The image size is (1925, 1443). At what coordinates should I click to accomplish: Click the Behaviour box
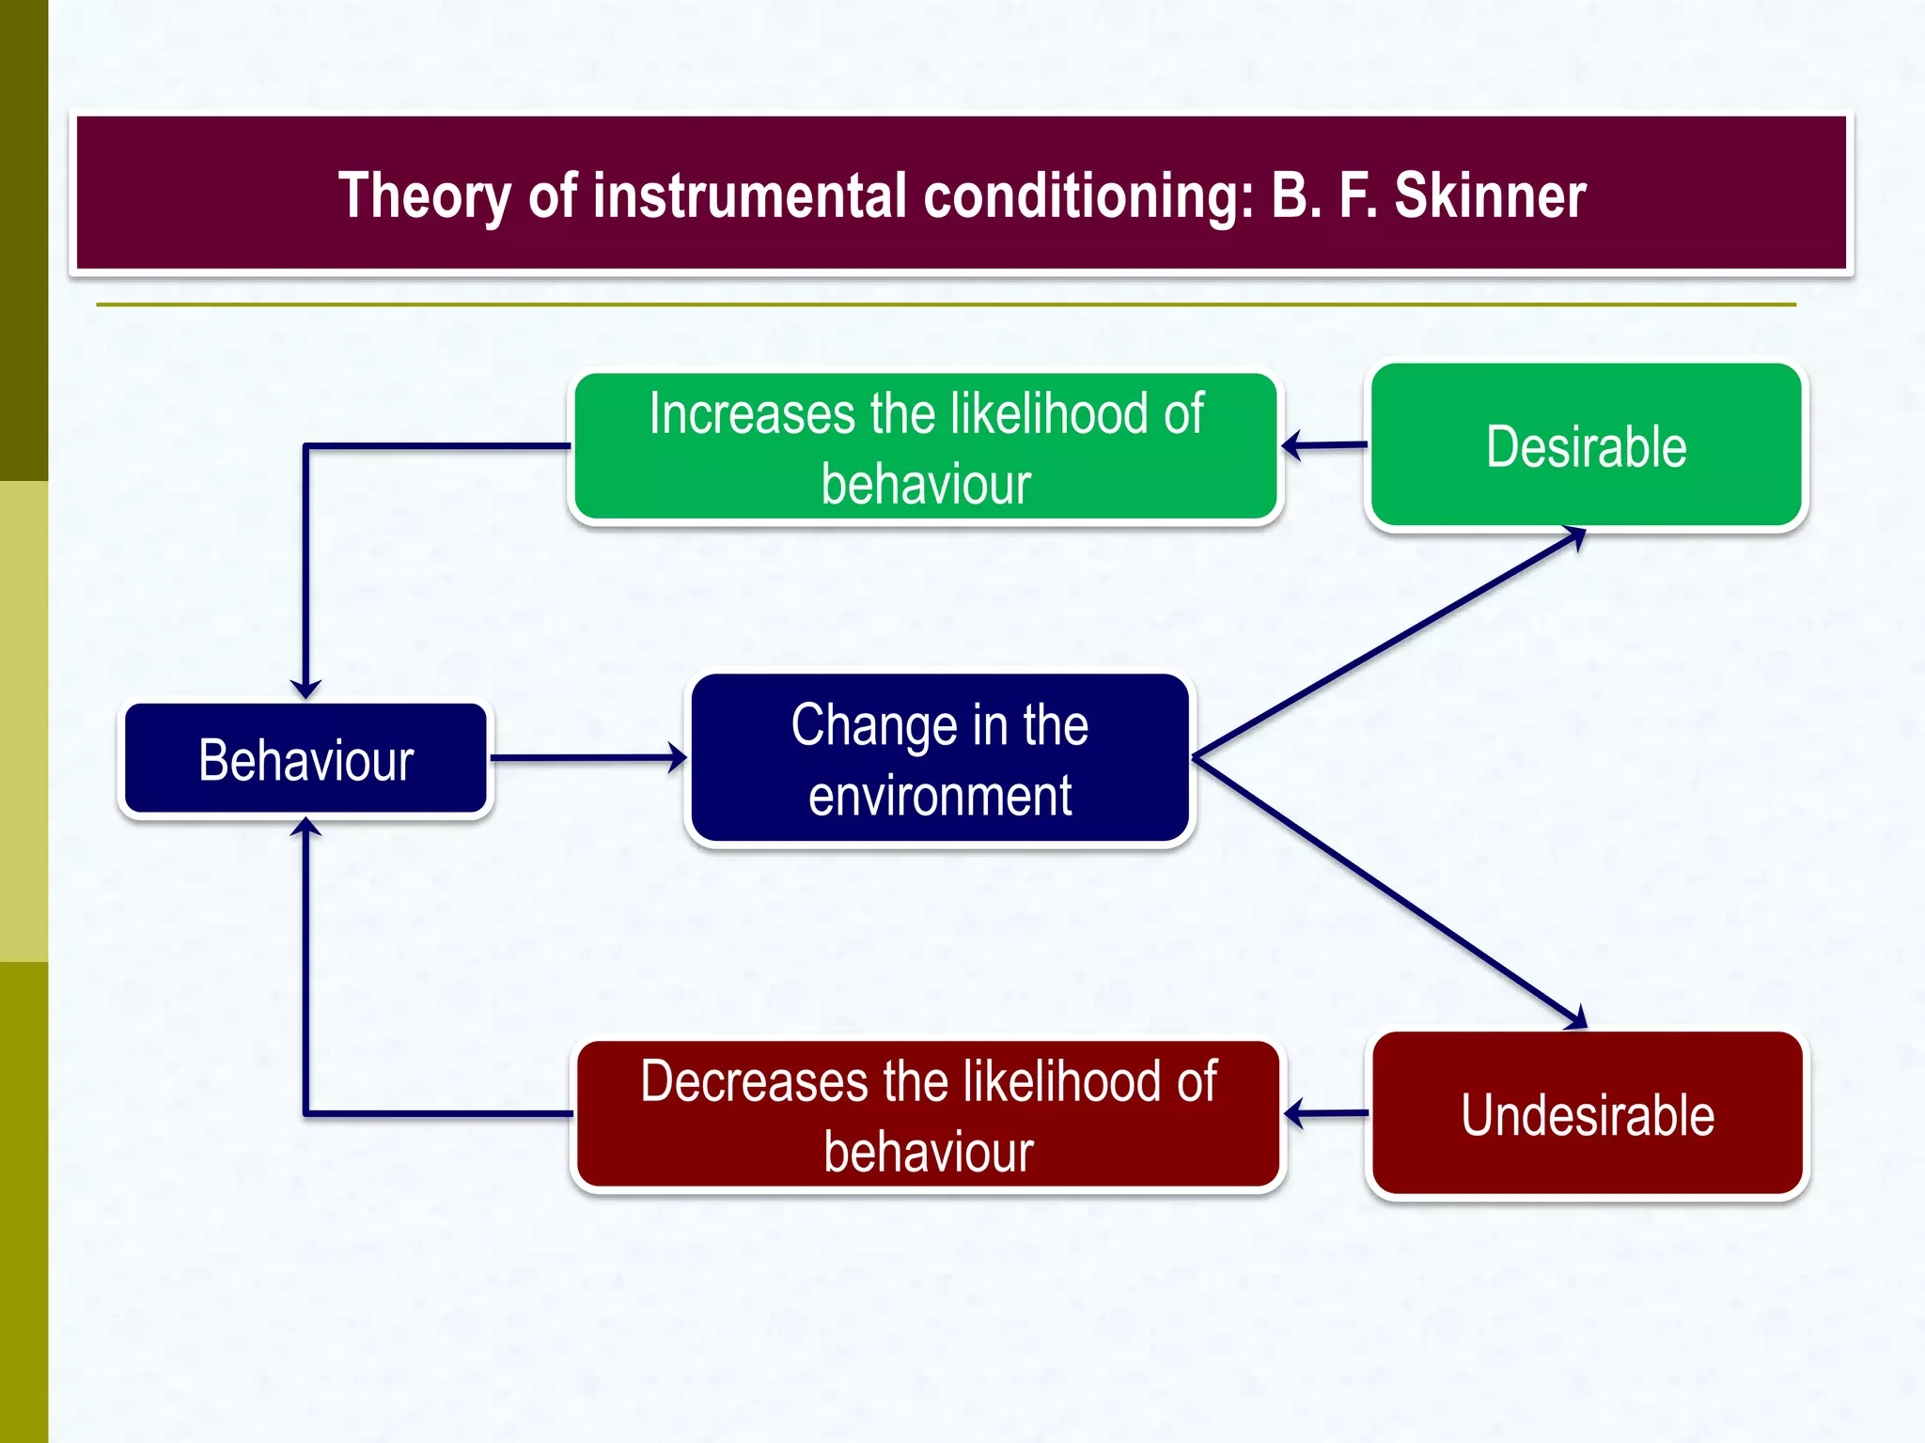coord(305,759)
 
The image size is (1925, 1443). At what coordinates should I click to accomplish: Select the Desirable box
coord(1586,446)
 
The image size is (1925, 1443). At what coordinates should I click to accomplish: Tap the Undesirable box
coord(1587,1114)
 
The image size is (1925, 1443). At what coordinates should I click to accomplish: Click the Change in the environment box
coord(940,758)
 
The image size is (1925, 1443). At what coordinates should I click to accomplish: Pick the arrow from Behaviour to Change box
coord(587,757)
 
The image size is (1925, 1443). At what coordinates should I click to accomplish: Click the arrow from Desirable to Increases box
coord(1325,445)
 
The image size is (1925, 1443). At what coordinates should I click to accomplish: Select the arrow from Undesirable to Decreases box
coord(1327,1113)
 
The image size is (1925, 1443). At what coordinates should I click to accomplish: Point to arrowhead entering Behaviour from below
coord(305,828)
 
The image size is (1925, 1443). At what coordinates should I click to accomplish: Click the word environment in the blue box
coord(940,796)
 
